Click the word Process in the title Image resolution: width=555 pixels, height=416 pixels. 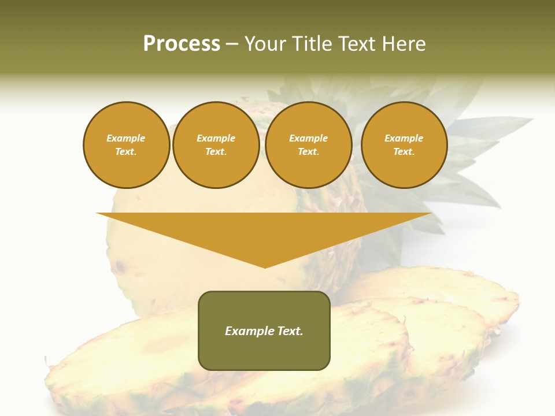tap(182, 43)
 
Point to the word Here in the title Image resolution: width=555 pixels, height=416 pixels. tap(406, 44)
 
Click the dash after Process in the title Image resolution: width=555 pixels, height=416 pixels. tap(232, 44)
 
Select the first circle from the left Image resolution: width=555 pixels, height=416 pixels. tap(127, 145)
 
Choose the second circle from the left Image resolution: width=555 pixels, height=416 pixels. tap(216, 145)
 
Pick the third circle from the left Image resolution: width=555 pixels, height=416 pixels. tap(309, 145)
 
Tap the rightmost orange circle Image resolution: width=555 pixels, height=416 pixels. tap(404, 145)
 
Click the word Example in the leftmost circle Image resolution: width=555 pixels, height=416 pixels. tap(126, 138)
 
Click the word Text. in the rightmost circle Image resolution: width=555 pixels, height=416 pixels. tap(404, 152)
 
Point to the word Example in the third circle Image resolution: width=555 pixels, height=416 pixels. tap(308, 138)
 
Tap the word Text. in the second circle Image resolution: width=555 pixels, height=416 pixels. tap(216, 152)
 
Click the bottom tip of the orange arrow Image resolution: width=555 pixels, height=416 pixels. tap(265, 266)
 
